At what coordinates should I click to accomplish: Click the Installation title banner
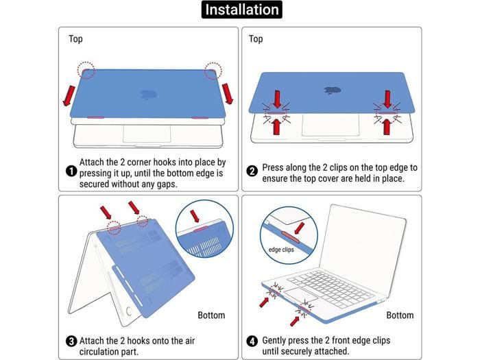click(241, 10)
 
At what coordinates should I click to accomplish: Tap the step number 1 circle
click(71, 171)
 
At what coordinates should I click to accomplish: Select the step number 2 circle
click(252, 171)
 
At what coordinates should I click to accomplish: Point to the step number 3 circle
click(71, 341)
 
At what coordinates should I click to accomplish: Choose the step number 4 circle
click(252, 341)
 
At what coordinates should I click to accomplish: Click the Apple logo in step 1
click(149, 95)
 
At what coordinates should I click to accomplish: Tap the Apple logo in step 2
click(333, 90)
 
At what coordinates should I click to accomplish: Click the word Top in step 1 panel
click(75, 39)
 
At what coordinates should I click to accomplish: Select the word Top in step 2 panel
click(256, 39)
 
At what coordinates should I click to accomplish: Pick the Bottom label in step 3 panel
click(211, 315)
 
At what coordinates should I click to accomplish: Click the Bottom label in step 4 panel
click(400, 315)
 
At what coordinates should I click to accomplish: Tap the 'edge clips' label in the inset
click(281, 250)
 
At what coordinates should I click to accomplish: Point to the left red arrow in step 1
click(69, 96)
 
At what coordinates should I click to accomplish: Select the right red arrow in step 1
click(228, 94)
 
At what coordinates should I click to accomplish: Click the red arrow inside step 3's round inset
click(195, 216)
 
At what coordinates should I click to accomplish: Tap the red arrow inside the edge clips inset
click(299, 228)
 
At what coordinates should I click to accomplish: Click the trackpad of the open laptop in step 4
click(300, 294)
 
